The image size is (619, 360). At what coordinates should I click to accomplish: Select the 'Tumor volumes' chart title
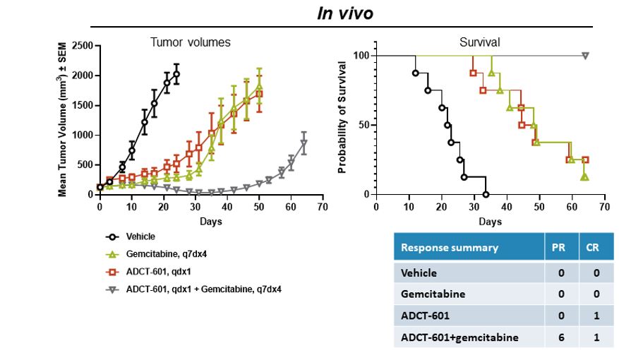pos(190,42)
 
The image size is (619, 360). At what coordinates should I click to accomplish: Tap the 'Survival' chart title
pos(481,42)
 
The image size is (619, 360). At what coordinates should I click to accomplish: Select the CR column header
pos(593,248)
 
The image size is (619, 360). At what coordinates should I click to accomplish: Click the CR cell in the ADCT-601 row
pos(593,316)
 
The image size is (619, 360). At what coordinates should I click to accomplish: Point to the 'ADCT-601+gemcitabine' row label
pos(459,337)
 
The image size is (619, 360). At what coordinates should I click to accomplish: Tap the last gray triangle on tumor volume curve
pos(304,143)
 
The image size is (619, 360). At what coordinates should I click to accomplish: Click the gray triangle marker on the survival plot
pos(585,56)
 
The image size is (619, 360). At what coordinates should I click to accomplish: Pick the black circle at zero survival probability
pos(486,194)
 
